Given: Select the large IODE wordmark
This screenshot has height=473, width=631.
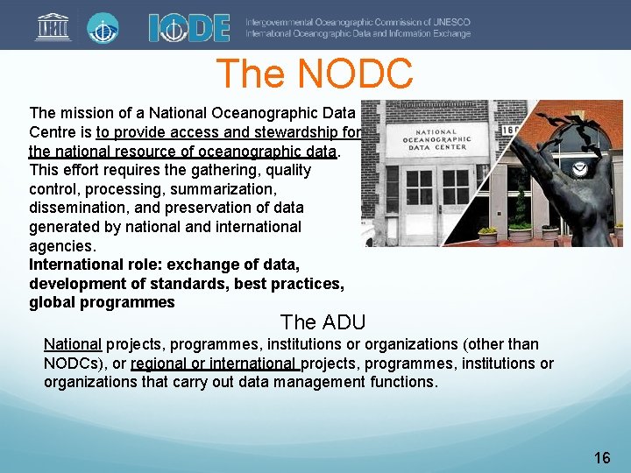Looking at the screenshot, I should point(189,26).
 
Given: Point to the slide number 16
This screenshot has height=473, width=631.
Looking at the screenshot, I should point(601,457).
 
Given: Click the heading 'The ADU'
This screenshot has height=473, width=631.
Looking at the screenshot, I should point(323,321).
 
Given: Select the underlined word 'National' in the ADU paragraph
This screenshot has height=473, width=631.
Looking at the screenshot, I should point(73,344).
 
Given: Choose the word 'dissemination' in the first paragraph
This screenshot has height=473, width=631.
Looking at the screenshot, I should point(77,208).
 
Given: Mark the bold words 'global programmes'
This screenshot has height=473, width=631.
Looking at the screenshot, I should point(102,303).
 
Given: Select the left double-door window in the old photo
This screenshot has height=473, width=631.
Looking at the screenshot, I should point(419,187).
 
